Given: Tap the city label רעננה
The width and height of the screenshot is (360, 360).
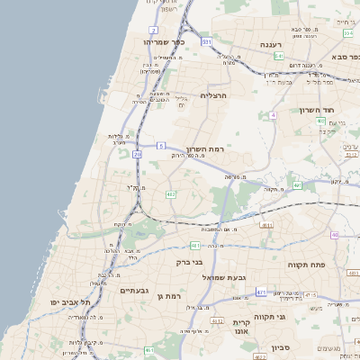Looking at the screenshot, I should [269, 43].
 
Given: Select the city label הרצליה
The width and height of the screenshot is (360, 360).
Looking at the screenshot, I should [217, 95].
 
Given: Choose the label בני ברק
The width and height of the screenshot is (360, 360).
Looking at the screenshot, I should [191, 262].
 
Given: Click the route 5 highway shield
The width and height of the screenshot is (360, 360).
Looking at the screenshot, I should [159, 144].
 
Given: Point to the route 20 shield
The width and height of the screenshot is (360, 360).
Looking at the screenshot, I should [138, 154].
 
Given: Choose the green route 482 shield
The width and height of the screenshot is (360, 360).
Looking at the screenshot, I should [170, 193].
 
